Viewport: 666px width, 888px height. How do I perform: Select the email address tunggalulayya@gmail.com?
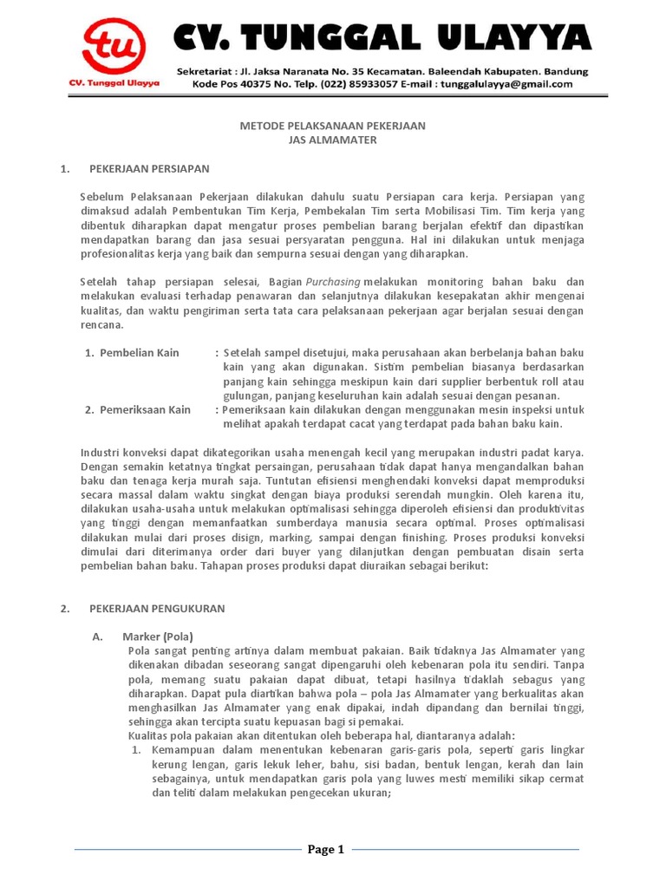(506, 84)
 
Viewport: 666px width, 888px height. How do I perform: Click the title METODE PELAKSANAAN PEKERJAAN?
(332, 126)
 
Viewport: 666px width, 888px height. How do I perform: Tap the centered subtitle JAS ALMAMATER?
(332, 140)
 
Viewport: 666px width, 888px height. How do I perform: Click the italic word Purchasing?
(333, 282)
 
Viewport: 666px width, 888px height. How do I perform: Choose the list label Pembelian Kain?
(140, 352)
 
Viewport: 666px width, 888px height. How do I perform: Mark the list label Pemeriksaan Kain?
(145, 409)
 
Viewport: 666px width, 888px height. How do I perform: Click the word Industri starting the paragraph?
(101, 453)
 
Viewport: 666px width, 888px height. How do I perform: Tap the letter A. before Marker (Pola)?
(96, 636)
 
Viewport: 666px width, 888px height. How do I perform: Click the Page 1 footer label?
(326, 849)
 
